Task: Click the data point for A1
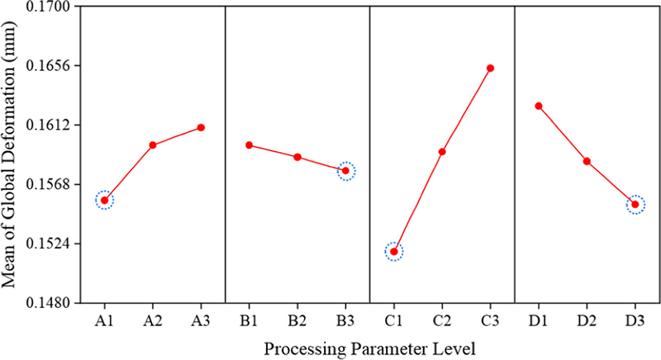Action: (104, 200)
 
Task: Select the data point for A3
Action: (201, 127)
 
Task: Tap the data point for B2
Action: (297, 157)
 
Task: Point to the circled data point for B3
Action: (346, 171)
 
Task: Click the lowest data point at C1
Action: (394, 251)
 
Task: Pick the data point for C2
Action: (442, 152)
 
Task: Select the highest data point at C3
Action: (490, 68)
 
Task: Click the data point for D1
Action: (539, 106)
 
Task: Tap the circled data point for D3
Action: (635, 204)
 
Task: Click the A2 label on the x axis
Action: (153, 319)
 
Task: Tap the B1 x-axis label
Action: (250, 319)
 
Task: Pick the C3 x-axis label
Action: (490, 319)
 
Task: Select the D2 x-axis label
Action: (587, 319)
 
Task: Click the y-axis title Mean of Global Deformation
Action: (12, 154)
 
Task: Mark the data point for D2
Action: (587, 161)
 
